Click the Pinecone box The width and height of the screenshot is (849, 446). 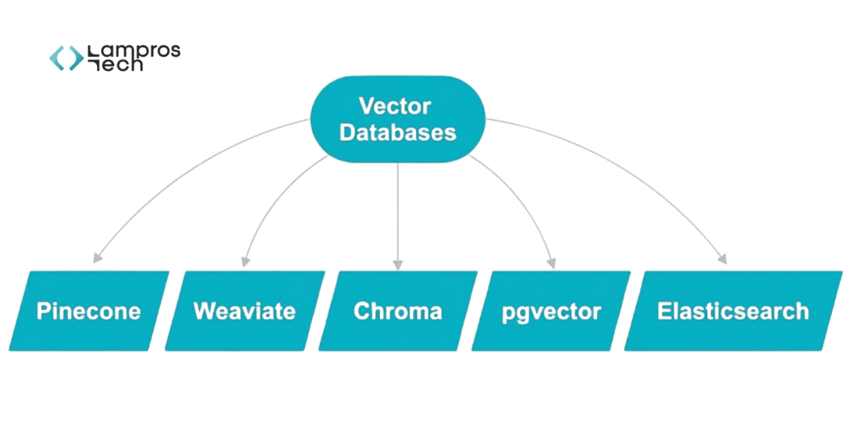89,311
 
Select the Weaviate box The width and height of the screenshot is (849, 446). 244,311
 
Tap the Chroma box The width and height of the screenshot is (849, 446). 398,311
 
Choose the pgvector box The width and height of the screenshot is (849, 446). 551,311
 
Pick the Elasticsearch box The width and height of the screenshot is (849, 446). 733,311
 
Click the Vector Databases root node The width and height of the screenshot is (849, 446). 398,119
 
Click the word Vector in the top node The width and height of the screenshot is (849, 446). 395,106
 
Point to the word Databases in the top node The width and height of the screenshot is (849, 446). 398,132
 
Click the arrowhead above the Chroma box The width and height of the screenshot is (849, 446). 398,264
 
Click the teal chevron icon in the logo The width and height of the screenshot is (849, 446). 66,58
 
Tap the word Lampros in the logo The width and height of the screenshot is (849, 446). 134,51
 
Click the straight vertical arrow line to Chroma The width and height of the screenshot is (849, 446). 398,212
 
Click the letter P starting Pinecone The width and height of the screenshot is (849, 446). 43,311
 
